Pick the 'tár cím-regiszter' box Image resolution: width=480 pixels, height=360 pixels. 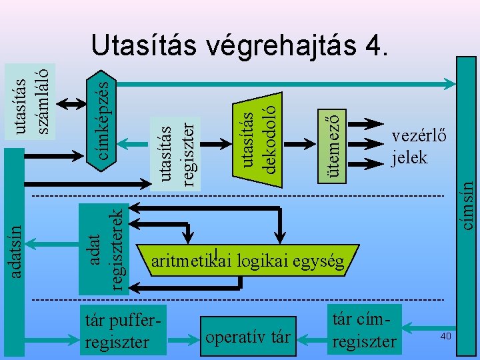(363, 329)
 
